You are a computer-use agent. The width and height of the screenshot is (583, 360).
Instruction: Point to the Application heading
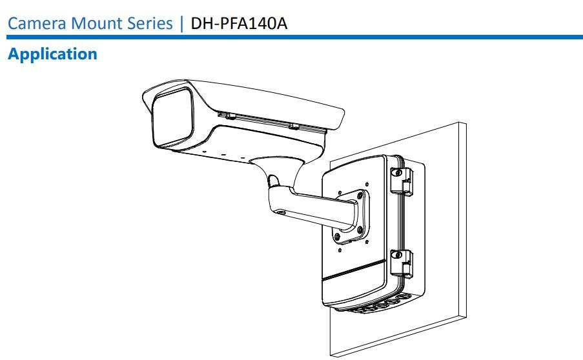52,54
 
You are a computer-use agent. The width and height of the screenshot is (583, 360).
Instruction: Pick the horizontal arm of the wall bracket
316,205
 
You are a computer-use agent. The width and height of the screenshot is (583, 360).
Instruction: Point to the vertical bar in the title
181,23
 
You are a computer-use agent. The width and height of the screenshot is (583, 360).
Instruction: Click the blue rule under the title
291,38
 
